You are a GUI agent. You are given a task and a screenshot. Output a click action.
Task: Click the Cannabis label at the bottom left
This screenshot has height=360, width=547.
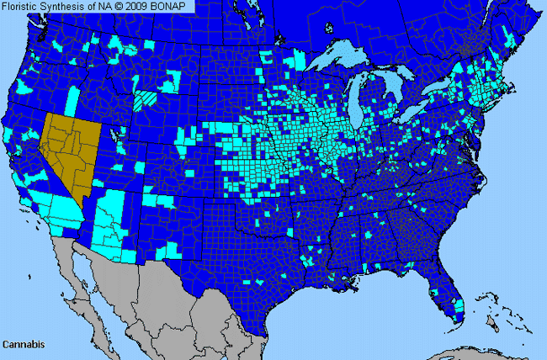23,344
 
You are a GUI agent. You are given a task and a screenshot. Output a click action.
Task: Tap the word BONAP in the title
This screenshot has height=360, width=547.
174,6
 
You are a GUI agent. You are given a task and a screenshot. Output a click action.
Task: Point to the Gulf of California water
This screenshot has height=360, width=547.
94,269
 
